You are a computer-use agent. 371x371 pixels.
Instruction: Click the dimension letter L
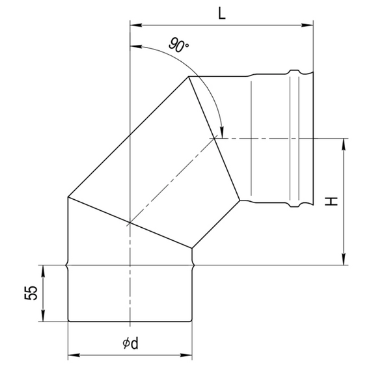point(222,14)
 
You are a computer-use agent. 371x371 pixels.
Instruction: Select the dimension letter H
point(333,202)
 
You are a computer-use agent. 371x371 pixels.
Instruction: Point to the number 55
point(29,293)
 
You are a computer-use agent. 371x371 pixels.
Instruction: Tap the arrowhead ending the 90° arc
point(221,133)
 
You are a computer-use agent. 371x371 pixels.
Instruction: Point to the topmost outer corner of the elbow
point(189,77)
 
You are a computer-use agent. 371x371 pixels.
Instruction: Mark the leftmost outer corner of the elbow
point(68,197)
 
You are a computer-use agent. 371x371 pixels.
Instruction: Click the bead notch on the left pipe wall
point(68,265)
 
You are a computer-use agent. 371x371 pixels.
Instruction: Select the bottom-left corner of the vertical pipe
point(68,321)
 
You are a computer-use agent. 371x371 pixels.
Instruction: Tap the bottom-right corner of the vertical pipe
point(193,321)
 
